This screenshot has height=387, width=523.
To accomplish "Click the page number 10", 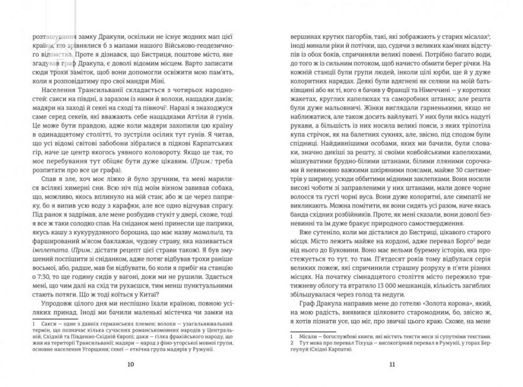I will [130, 364].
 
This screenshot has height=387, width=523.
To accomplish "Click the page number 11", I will [392, 364].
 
